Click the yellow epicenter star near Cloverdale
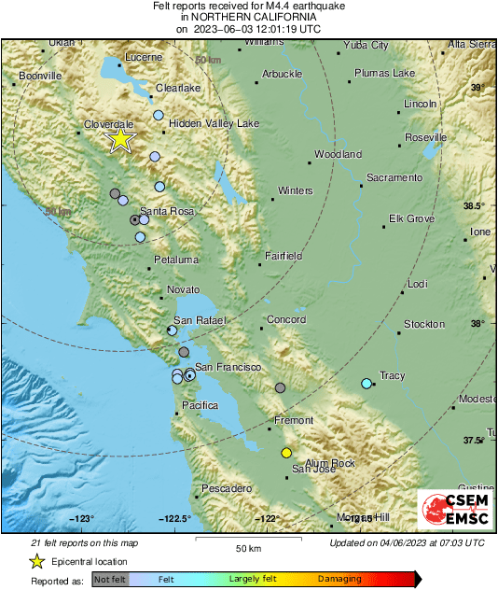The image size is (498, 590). point(120,140)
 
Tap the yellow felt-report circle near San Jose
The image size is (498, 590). point(286,453)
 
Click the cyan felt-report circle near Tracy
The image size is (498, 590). point(367,383)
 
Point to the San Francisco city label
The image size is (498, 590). point(228,367)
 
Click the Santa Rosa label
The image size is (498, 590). point(167,212)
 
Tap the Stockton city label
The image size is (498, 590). point(424,324)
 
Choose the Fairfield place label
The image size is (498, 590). point(284,255)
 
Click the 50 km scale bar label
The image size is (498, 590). point(247,547)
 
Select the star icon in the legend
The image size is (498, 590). point(36,561)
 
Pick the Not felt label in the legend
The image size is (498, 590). point(111,579)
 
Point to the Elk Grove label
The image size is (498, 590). point(412,219)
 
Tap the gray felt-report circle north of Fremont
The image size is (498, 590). point(281,387)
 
